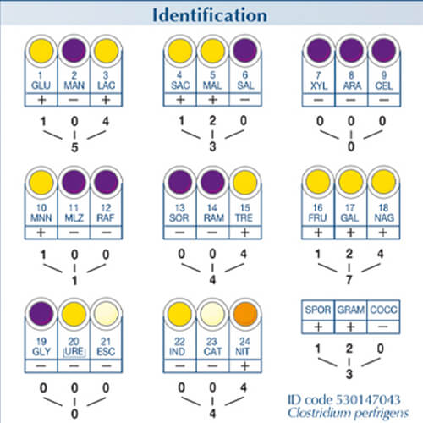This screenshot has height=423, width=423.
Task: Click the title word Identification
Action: coord(210,15)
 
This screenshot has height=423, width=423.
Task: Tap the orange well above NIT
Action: coord(245,314)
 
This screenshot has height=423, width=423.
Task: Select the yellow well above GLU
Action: coord(41,51)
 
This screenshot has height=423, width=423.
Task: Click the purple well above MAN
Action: coord(74,51)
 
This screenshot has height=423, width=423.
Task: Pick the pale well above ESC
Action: coord(107,314)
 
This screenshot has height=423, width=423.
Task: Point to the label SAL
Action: coord(245,85)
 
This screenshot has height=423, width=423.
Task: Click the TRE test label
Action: coord(244,217)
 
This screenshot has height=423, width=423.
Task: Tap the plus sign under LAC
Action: coord(106,100)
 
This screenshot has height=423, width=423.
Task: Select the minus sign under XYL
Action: coord(318,100)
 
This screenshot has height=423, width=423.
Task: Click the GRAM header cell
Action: coord(350,310)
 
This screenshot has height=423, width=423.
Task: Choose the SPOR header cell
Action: coord(318,310)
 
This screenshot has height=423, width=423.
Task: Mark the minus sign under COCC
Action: coord(383,327)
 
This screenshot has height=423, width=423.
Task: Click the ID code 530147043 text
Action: coord(343,399)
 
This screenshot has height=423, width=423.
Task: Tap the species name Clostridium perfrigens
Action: coord(348,414)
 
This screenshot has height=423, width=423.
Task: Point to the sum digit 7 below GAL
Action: coord(349,280)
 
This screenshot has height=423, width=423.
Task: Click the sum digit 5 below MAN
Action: coord(74,147)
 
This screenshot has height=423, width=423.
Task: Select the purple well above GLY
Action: coord(41,314)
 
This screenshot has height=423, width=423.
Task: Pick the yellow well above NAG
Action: coord(383,182)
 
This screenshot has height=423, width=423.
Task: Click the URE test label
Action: coord(74,351)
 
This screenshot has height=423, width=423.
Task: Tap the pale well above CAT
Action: coord(212,314)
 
